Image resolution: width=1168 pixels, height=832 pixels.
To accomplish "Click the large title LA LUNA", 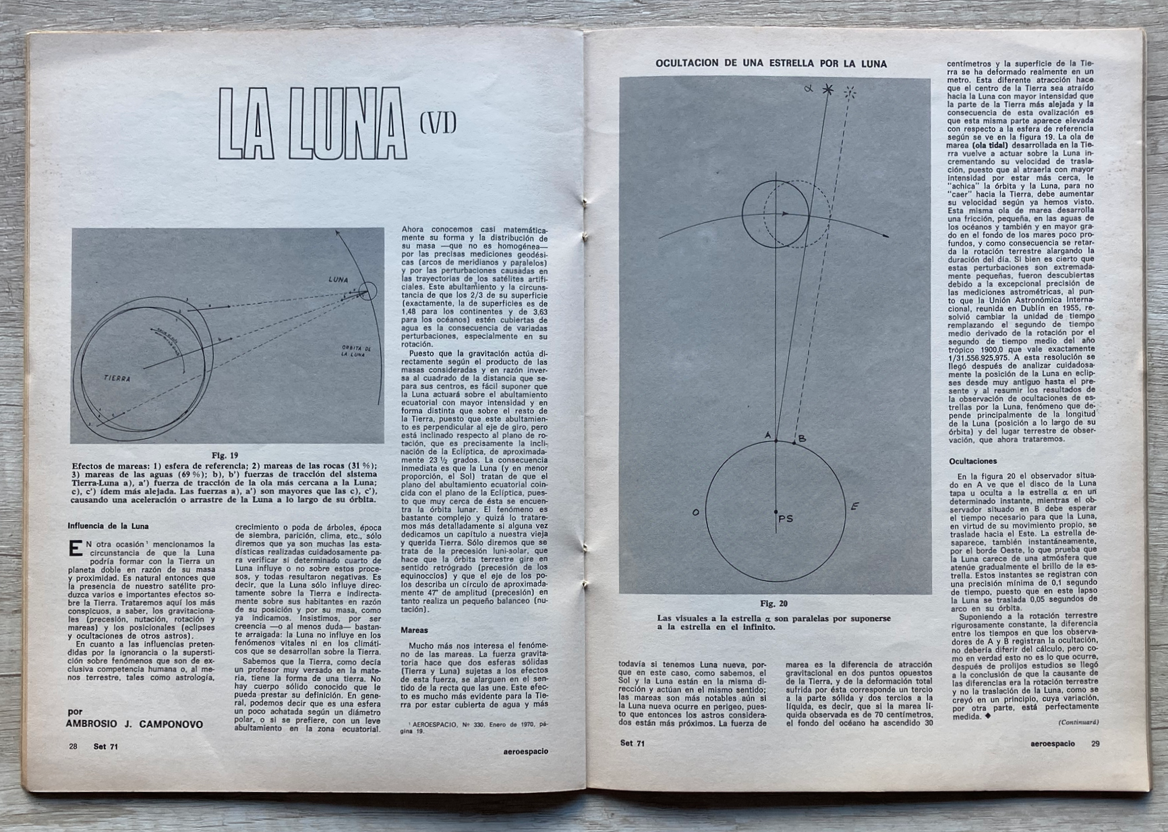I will [x=313, y=123].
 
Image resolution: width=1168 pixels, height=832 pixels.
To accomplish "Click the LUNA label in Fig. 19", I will [x=338, y=279].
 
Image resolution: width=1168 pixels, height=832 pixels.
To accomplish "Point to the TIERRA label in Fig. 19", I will [x=117, y=378].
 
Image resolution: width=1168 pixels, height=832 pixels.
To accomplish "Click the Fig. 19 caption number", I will [x=225, y=455].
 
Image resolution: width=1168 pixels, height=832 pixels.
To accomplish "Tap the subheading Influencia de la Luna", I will [x=108, y=526].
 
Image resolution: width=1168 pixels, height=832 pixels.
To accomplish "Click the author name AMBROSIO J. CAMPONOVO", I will [x=134, y=724].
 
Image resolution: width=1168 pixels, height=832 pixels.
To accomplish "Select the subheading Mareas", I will [x=414, y=631].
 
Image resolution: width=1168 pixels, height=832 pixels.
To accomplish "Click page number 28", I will [x=73, y=746].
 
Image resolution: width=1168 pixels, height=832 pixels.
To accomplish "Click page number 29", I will [x=1095, y=744].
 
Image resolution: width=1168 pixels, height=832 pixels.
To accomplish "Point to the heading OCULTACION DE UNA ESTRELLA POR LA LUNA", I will [x=771, y=64].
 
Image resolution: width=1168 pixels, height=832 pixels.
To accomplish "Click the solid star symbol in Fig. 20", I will [x=827, y=90].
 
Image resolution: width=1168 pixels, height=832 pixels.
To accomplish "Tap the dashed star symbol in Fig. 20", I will [x=851, y=93].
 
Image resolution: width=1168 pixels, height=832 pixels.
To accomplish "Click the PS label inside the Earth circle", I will [x=785, y=518].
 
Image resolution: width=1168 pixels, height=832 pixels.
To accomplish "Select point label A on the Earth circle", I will [x=767, y=436].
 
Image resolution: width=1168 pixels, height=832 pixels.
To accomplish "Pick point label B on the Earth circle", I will [x=802, y=440].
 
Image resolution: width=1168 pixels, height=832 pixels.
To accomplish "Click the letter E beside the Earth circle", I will [x=854, y=506].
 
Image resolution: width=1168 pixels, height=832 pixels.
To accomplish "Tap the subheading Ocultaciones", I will [x=972, y=461].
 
